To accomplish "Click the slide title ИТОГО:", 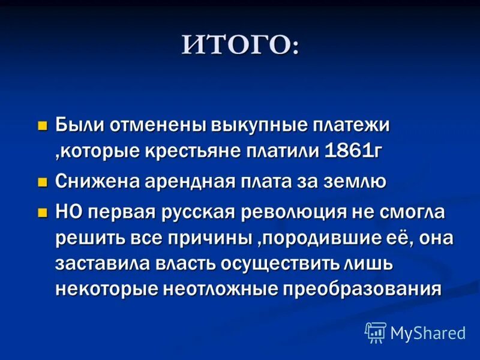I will (240, 46).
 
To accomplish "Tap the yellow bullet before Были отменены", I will (42, 125).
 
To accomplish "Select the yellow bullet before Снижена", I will (42, 182).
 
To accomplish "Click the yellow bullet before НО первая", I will (42, 211).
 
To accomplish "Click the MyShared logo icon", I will (376, 332).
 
